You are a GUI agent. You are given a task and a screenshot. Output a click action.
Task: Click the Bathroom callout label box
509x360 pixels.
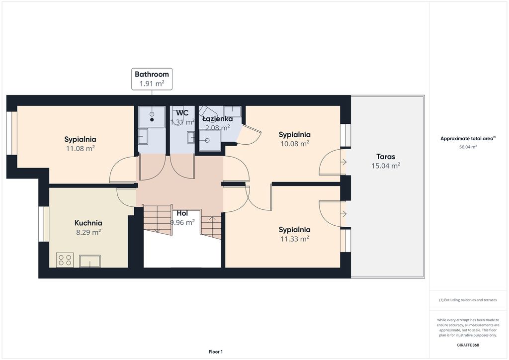point(152,79)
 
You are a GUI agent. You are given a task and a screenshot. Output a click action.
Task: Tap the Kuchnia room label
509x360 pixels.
point(88,223)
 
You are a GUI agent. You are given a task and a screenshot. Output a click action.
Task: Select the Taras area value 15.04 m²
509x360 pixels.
point(386,166)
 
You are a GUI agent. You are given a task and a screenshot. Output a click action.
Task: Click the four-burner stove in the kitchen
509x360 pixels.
point(65,260)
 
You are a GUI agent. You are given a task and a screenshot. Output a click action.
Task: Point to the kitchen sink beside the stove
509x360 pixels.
point(90,261)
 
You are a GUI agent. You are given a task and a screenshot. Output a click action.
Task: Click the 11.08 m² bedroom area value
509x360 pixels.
point(80,148)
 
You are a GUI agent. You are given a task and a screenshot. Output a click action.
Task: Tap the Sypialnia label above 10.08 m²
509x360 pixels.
point(294,135)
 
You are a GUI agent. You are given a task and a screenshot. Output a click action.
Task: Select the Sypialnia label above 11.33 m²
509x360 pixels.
point(294,230)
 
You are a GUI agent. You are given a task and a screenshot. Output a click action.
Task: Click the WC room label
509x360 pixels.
point(182,113)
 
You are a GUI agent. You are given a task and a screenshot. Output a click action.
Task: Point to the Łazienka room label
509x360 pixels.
point(217,119)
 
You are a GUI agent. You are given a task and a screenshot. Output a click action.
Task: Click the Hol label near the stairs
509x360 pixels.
point(182,213)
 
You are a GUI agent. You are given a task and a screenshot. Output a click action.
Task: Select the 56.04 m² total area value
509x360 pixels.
point(468,147)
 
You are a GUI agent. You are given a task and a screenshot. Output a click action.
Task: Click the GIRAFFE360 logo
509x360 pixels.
point(468,345)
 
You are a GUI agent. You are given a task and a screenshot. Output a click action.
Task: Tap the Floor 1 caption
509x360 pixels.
point(216,352)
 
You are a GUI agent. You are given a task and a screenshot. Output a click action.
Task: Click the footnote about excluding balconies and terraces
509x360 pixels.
point(468,300)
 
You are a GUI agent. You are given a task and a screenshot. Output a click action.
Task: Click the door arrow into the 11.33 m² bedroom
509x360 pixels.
point(343,214)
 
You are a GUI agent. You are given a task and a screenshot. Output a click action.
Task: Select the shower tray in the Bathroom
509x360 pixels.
point(152,117)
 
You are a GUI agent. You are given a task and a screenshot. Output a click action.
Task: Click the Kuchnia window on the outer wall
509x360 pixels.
point(44,224)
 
